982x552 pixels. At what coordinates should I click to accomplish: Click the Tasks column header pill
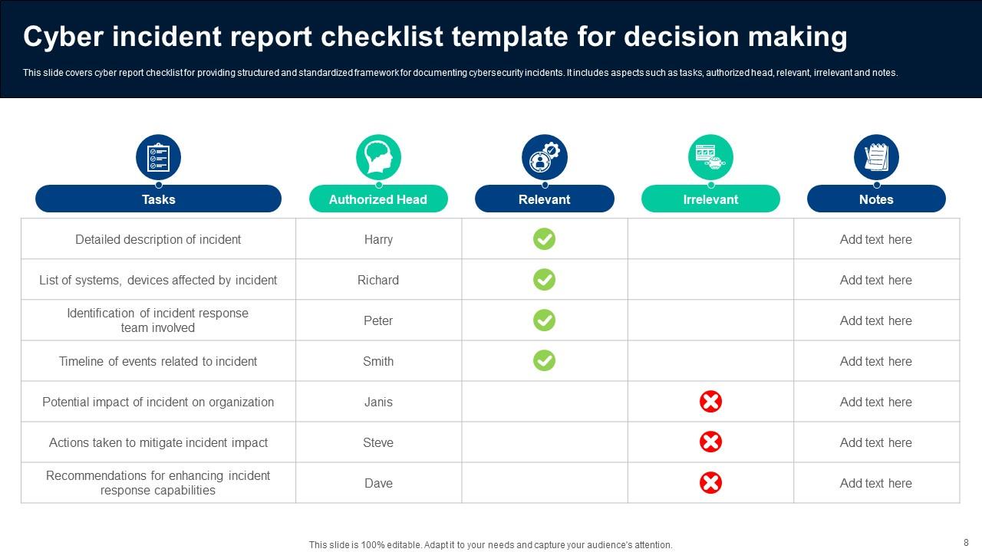[x=158, y=199]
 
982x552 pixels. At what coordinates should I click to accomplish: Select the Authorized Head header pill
[x=378, y=199]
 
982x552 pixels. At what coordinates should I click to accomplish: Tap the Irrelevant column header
[x=710, y=199]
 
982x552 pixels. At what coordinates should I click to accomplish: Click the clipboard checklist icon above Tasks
[x=158, y=157]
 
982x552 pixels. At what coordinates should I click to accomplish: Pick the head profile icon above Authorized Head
[x=378, y=157]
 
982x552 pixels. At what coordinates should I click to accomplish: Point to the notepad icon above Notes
[x=876, y=157]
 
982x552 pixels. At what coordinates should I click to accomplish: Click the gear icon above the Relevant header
[x=545, y=157]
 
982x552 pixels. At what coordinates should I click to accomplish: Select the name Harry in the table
[x=378, y=239]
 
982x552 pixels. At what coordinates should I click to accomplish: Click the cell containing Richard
[x=378, y=280]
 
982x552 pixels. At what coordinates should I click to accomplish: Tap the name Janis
[x=378, y=402]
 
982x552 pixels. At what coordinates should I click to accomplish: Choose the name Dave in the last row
[x=378, y=483]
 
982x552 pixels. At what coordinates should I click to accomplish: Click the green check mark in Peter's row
[x=544, y=320]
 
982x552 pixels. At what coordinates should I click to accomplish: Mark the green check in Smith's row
[x=544, y=360]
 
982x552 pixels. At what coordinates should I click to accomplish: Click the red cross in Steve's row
[x=710, y=442]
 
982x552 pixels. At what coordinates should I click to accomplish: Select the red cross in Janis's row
[x=710, y=401]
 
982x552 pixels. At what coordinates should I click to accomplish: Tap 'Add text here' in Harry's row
[x=875, y=239]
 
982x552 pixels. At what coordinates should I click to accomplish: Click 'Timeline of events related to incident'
[x=158, y=361]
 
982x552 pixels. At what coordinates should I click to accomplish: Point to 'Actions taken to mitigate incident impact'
[x=158, y=442]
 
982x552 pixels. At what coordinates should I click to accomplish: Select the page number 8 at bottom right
[x=966, y=541]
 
